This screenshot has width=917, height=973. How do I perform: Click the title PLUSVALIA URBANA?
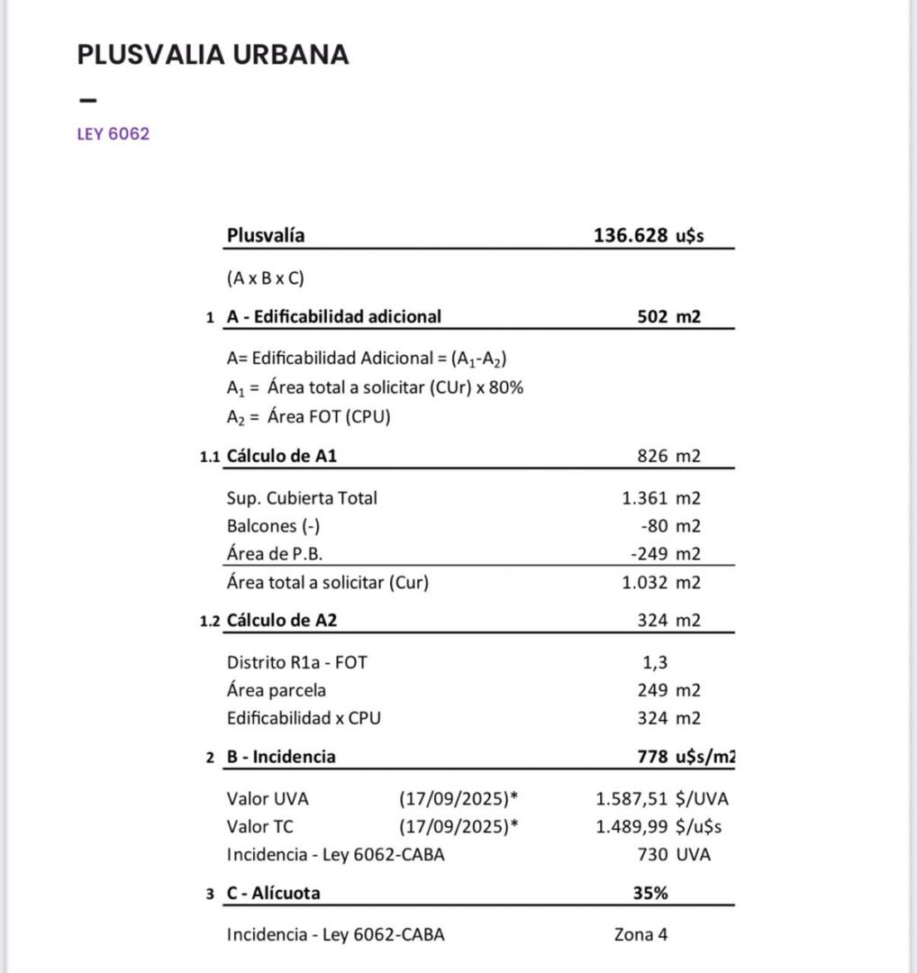click(213, 55)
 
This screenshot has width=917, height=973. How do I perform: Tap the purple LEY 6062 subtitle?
click(113, 135)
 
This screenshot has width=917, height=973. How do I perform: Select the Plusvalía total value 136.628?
click(630, 236)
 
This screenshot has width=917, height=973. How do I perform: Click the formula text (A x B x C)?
click(266, 278)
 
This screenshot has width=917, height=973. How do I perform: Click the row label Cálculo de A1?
click(282, 457)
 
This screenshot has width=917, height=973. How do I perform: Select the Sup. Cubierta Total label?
click(302, 498)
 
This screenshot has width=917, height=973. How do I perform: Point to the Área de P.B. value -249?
click(649, 554)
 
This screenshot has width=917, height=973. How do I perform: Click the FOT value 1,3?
click(653, 662)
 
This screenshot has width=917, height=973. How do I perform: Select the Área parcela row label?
click(277, 690)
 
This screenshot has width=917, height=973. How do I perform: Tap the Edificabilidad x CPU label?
click(311, 718)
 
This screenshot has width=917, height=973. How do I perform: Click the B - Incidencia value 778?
click(652, 757)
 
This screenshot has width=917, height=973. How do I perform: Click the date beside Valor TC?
click(459, 826)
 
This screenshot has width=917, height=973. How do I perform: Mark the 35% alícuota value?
click(649, 894)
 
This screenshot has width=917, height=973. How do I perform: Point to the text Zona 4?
click(640, 934)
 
